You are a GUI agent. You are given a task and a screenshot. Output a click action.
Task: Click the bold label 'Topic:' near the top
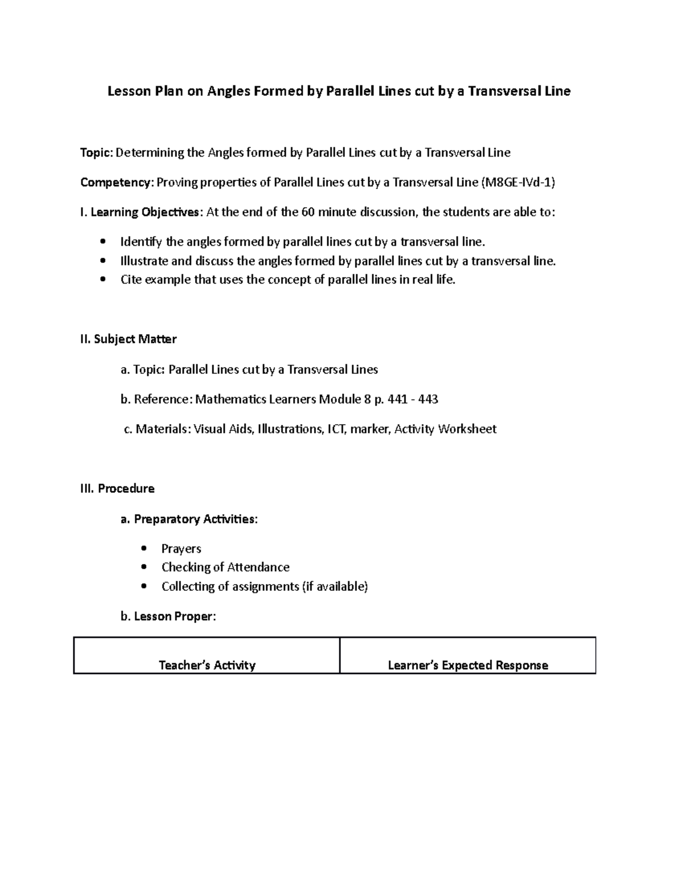coord(97,153)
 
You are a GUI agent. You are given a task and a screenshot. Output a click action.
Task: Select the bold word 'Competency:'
coord(117,182)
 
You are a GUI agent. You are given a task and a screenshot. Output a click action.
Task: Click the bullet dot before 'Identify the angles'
coord(102,242)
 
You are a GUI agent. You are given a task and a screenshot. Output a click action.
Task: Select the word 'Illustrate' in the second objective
coord(144,261)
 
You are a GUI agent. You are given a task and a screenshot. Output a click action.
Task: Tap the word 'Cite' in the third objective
coord(130,279)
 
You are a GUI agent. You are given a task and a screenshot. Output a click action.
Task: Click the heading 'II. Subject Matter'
coord(129,339)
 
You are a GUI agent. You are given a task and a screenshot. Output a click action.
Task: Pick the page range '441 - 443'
coord(413,399)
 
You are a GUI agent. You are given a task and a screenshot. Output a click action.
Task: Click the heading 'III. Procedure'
coord(118,488)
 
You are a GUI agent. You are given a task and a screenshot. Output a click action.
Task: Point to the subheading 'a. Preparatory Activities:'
coord(189,519)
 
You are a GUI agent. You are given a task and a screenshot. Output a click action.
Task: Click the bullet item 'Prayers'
coord(181,549)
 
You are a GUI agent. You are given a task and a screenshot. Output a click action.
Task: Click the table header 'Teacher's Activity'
coord(207,665)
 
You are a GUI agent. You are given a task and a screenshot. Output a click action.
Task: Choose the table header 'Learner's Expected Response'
coord(468,665)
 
